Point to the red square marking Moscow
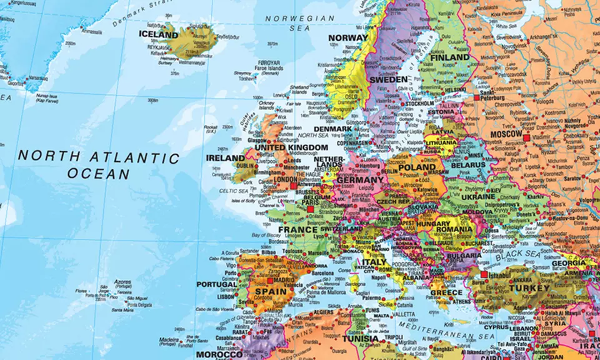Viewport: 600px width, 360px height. click(x=526, y=137)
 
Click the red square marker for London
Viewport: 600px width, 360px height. click(x=294, y=186)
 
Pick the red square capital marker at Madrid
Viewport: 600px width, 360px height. click(x=270, y=281)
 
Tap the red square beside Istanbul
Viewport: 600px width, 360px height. click(x=484, y=274)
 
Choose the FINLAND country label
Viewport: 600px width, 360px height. click(x=450, y=57)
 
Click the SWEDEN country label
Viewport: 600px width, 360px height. click(x=389, y=80)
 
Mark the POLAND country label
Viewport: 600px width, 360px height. click(x=416, y=167)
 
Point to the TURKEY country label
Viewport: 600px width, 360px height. click(x=529, y=289)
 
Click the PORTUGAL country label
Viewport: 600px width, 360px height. click(x=217, y=284)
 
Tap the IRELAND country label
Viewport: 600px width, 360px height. click(x=226, y=158)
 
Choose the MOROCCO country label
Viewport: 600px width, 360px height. click(x=219, y=354)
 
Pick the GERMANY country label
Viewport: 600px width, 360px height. click(x=360, y=180)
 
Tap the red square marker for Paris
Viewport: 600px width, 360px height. click(x=311, y=209)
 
